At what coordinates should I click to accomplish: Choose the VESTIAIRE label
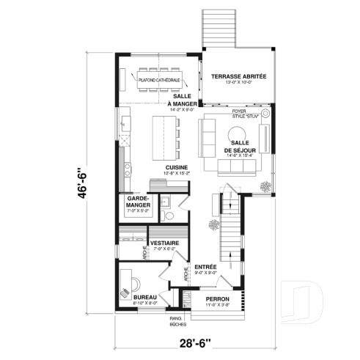[164, 243]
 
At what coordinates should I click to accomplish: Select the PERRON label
[218, 299]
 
